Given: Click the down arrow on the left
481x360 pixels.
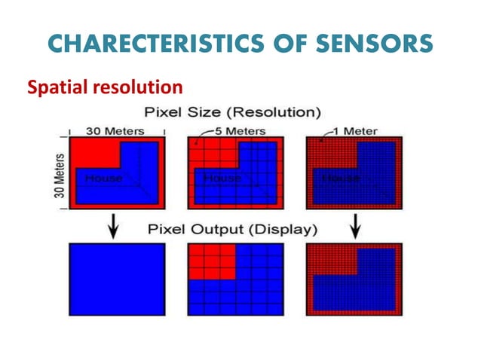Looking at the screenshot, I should pos(112,226).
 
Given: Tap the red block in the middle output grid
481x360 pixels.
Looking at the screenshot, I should pos(211,261).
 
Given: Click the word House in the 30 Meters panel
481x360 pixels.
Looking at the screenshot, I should pos(103,178).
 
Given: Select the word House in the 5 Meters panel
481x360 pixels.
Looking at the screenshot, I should pos(222,178).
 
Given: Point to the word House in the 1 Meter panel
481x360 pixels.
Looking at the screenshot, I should pos(341,178).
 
